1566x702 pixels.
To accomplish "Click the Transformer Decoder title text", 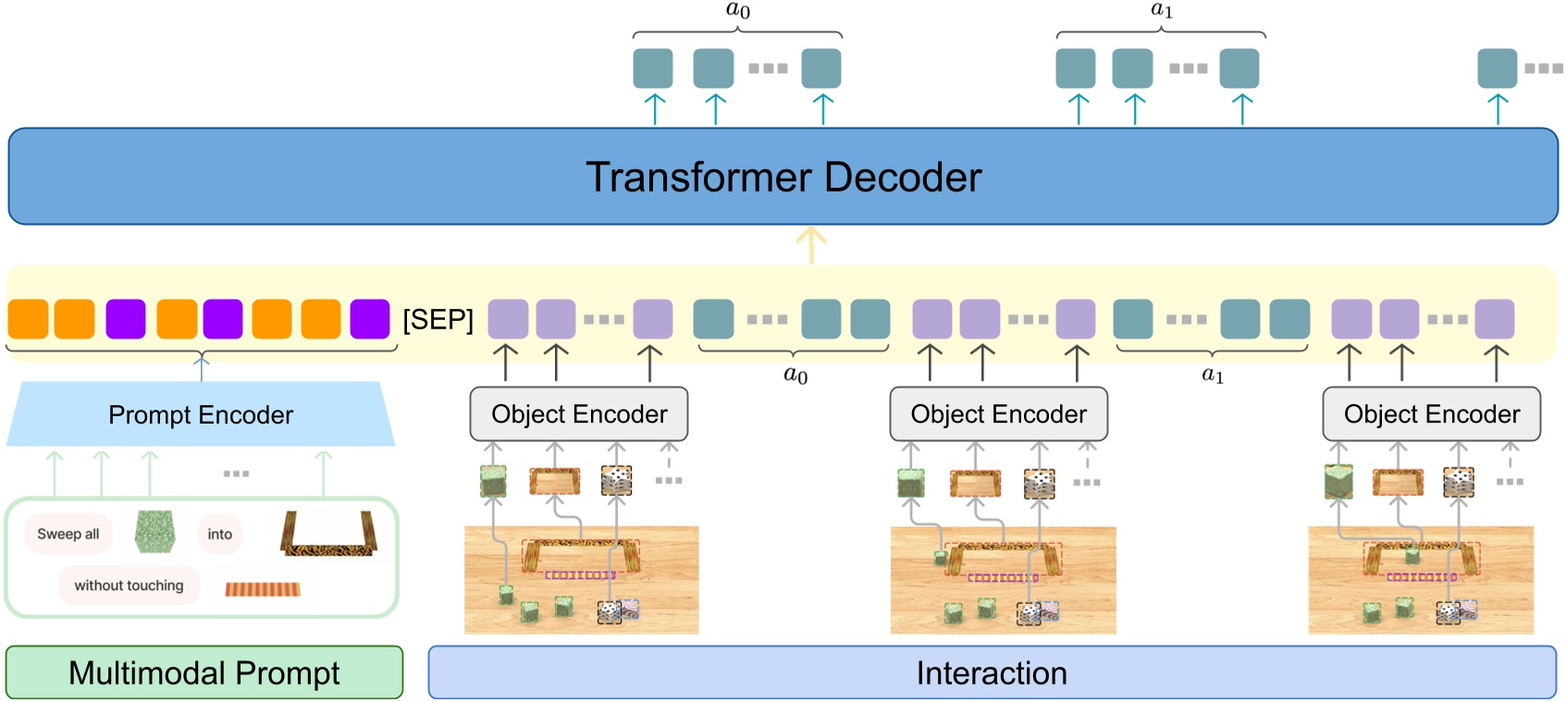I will (x=783, y=178).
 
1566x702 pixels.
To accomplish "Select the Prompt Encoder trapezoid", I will (x=201, y=414).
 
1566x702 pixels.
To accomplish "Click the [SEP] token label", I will (x=438, y=320).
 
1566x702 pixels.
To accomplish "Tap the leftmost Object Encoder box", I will (x=579, y=414).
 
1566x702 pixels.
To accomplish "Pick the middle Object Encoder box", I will (x=998, y=414).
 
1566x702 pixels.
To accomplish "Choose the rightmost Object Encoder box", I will (x=1431, y=414).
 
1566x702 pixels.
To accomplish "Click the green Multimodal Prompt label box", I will (x=204, y=672).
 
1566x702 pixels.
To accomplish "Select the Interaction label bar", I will (x=992, y=672).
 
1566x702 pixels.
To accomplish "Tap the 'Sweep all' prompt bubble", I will (x=68, y=535).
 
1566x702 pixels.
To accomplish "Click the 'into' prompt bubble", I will (x=220, y=535).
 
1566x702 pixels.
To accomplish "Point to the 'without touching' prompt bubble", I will (x=129, y=585).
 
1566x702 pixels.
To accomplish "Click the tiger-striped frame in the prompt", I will (x=328, y=536).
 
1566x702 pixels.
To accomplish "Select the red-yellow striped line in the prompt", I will (x=264, y=589).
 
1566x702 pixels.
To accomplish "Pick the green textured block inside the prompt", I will (x=154, y=533).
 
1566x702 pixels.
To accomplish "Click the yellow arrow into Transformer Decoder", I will (x=811, y=246).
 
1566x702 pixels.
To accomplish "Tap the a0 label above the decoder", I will (x=738, y=11).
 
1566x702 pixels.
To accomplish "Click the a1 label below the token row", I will (x=1213, y=375).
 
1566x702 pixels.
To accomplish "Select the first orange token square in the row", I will (x=28, y=319).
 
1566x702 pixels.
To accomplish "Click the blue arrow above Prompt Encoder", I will (x=202, y=367).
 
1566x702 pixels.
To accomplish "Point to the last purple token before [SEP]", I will (x=370, y=319).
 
